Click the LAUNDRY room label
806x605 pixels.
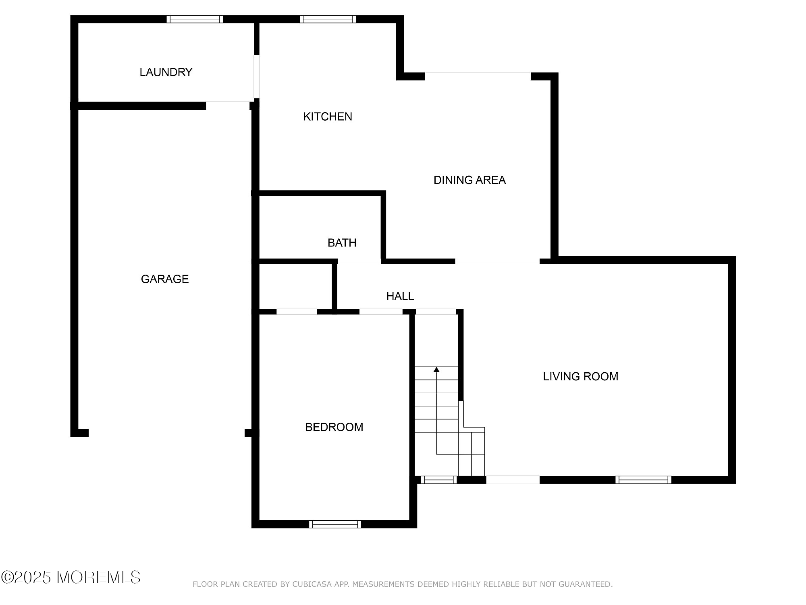(166, 72)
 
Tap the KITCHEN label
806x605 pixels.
(327, 117)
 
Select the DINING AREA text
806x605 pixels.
(469, 180)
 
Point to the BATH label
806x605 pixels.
(342, 243)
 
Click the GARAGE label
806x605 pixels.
(164, 279)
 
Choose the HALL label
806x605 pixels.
(400, 296)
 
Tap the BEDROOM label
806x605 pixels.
(334, 427)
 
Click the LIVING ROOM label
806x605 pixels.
(580, 377)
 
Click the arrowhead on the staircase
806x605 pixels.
(436, 369)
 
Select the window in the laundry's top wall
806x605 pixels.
(195, 19)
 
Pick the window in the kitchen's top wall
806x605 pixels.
(328, 19)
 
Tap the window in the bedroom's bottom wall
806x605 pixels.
(335, 524)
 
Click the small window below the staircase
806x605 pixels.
(439, 480)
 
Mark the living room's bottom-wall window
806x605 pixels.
(643, 480)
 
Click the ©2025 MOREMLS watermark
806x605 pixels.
(71, 578)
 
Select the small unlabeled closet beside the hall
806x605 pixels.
(295, 286)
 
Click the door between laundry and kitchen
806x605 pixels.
(256, 77)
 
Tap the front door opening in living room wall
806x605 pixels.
(513, 480)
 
